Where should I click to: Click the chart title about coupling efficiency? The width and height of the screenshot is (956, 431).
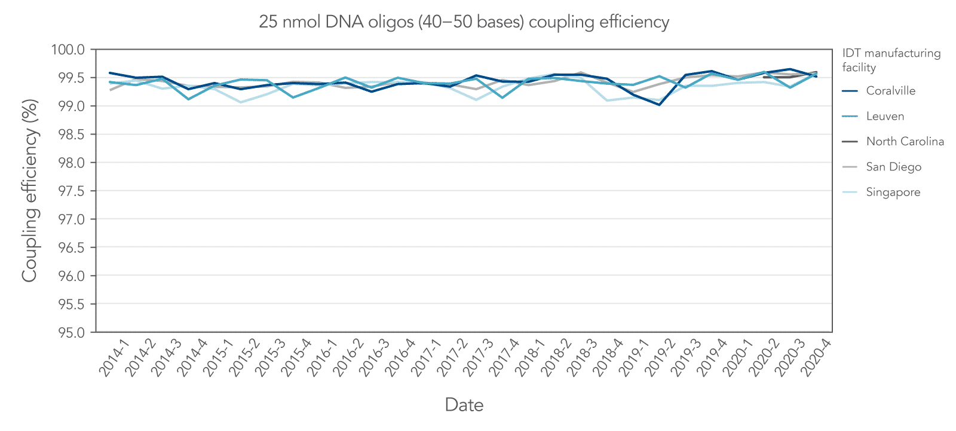click(x=464, y=22)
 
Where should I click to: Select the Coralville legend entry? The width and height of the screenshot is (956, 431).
click(x=890, y=91)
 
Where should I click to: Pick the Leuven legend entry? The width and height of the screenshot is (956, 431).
click(x=885, y=117)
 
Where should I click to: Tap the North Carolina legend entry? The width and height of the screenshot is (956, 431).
click(x=905, y=142)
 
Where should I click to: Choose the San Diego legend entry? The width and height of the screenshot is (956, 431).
click(x=893, y=167)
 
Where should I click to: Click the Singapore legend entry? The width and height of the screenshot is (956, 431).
click(x=893, y=192)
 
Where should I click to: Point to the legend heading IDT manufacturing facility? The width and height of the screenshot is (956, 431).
click(x=891, y=60)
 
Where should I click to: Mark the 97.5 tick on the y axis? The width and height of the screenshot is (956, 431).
click(x=71, y=191)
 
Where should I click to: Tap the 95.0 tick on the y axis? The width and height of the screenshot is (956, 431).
click(x=71, y=332)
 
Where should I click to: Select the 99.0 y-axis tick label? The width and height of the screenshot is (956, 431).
click(x=71, y=106)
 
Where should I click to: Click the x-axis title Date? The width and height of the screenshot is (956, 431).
click(x=464, y=405)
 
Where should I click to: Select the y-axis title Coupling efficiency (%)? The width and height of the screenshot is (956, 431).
click(x=30, y=190)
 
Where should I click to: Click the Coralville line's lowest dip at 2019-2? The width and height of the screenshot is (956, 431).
click(x=659, y=105)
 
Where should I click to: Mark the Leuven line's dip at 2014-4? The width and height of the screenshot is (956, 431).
click(x=189, y=99)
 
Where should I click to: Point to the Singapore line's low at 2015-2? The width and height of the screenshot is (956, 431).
click(x=241, y=102)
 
